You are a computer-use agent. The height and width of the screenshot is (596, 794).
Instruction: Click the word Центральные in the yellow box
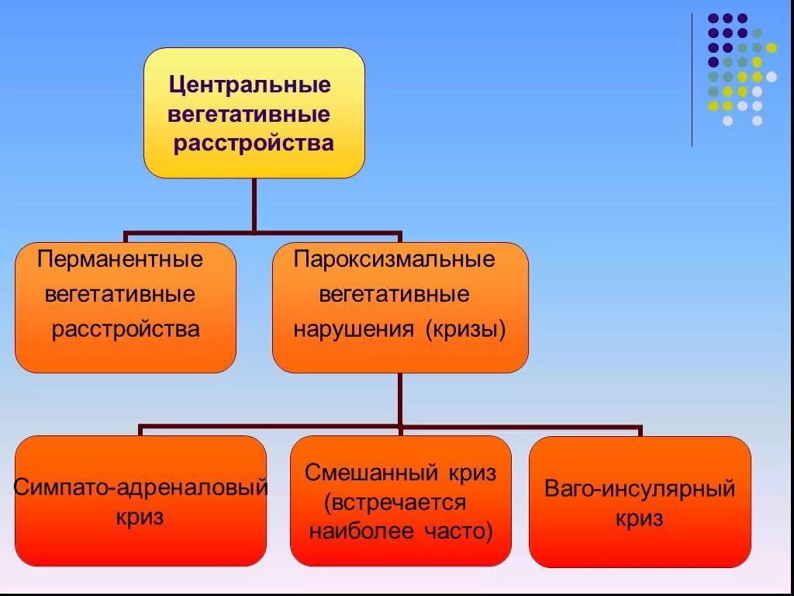point(250,84)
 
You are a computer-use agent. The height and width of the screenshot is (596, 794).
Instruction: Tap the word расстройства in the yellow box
point(254,144)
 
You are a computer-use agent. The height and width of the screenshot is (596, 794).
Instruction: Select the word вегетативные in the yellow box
point(249,115)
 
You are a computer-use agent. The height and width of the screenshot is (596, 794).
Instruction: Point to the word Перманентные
point(120,259)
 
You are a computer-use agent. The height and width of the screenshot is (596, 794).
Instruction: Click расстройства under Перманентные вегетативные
point(126,329)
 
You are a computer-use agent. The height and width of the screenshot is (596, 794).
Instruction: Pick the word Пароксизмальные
point(394,259)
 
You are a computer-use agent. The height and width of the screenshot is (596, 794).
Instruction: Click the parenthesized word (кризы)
point(464,329)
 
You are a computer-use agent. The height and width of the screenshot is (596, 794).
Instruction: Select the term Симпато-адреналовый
point(140,488)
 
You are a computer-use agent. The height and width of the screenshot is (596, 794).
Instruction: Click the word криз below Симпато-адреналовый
point(140,517)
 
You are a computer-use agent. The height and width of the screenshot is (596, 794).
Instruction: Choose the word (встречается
point(395,502)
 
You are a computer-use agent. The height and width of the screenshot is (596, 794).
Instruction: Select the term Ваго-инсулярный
point(640,490)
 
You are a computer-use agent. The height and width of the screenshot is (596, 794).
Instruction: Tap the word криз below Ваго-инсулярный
point(640,518)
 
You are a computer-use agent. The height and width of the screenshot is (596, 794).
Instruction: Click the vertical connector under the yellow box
point(254,205)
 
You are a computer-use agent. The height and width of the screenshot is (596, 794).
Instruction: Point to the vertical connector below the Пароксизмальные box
point(399,399)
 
